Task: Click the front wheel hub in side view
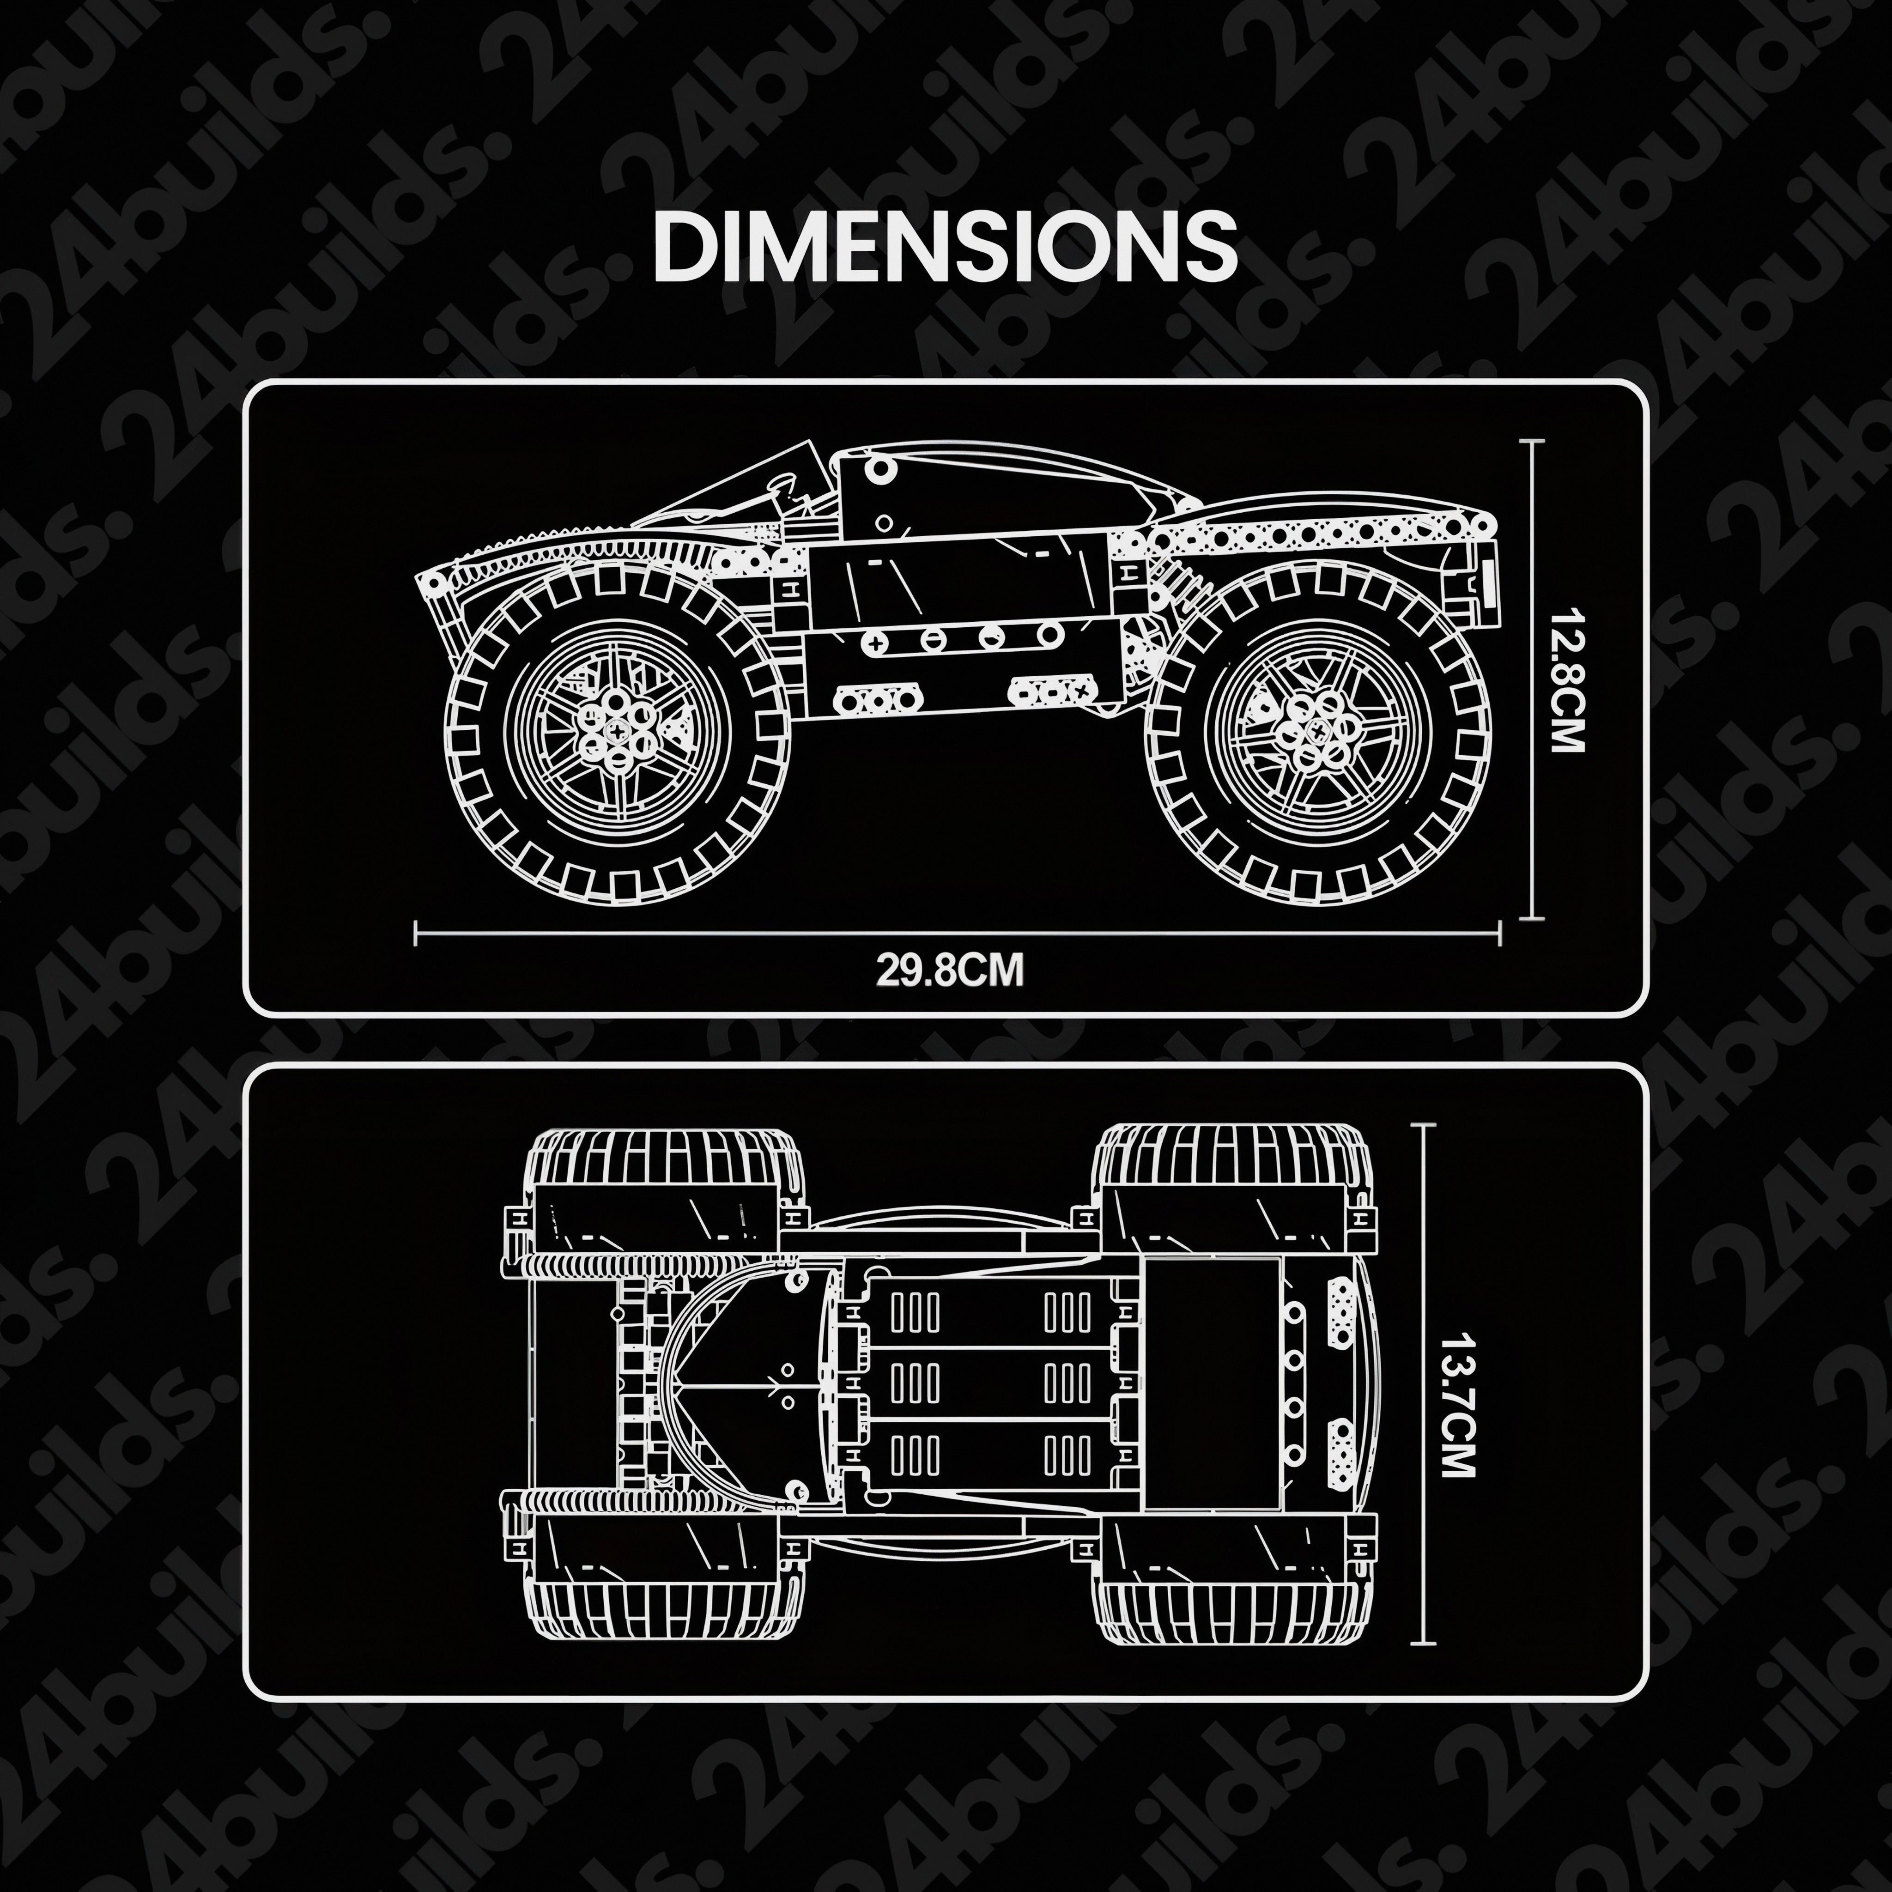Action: tap(617, 729)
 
